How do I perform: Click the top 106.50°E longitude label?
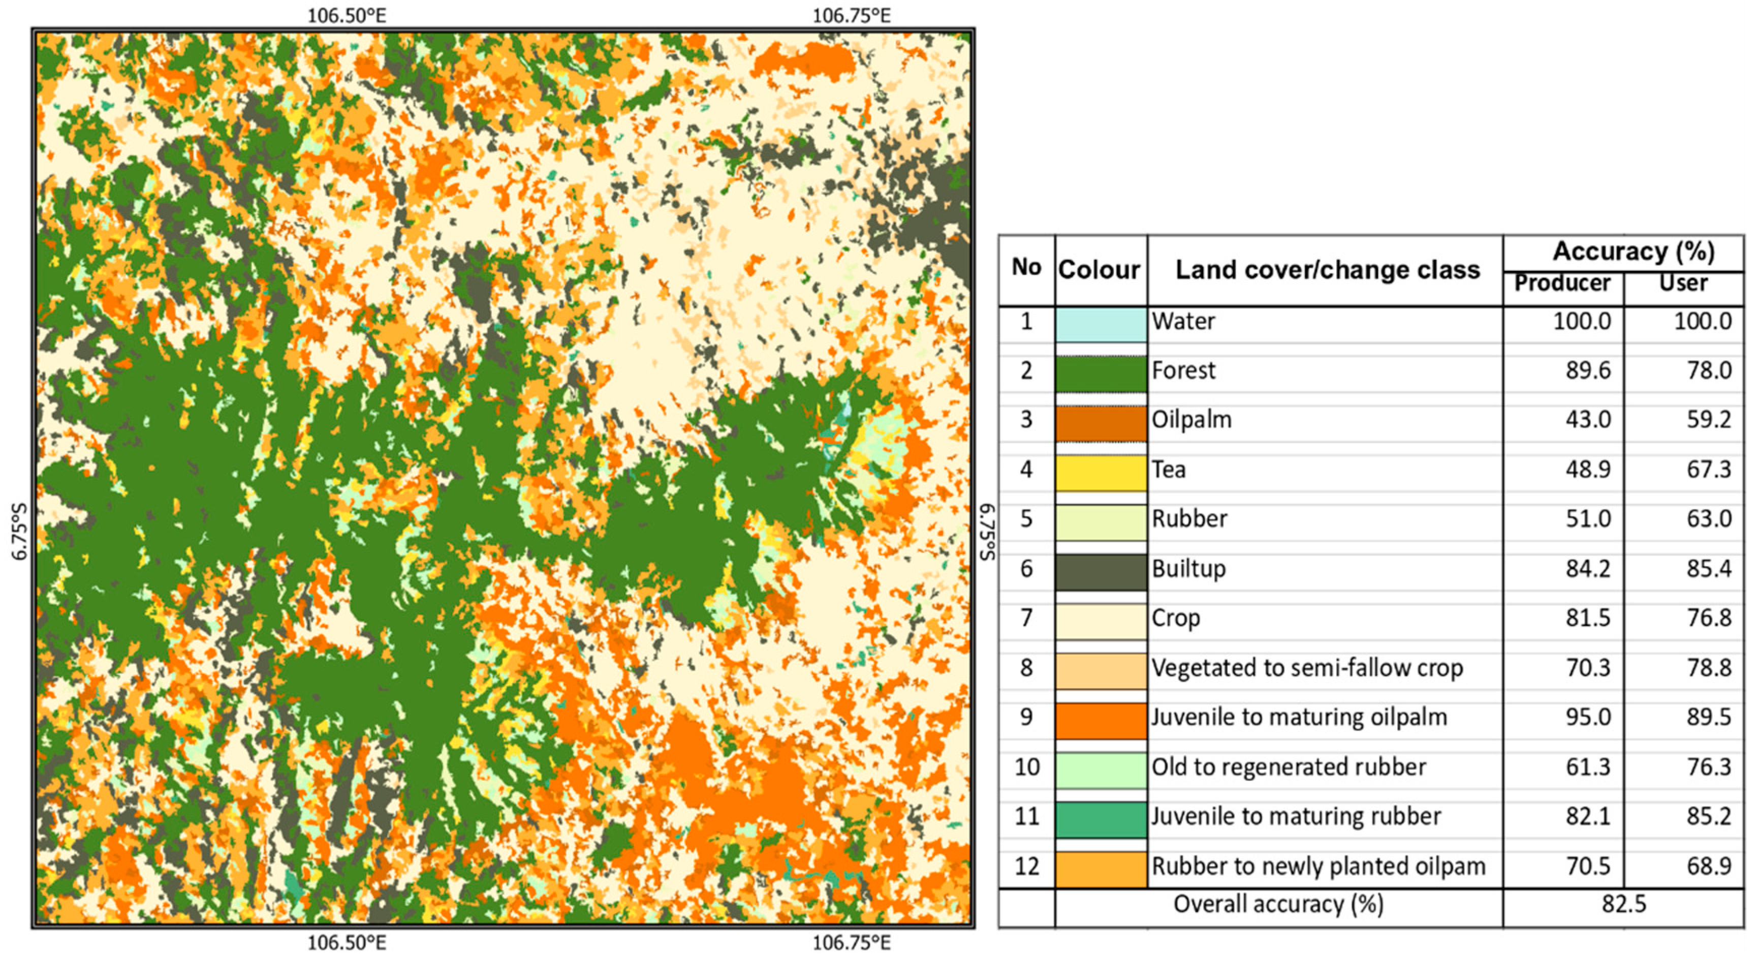point(347,15)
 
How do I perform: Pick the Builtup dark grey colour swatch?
point(1100,571)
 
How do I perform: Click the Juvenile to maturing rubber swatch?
point(1100,819)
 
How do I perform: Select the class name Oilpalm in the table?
point(1191,419)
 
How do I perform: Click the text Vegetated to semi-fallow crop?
point(1307,667)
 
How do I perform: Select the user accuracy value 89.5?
point(1708,717)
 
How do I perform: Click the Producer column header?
point(1562,283)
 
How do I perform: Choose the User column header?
point(1683,283)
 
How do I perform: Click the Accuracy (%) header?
point(1634,252)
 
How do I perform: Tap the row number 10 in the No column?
point(1026,767)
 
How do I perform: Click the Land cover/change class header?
point(1327,270)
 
